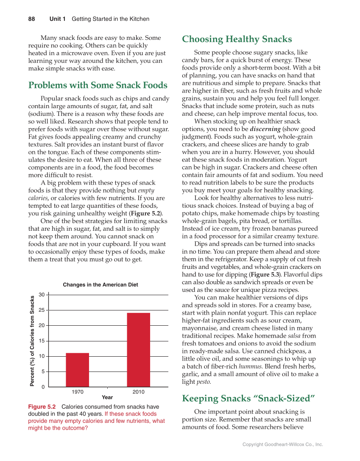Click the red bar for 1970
77,369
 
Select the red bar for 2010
138,349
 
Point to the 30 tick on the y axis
42,294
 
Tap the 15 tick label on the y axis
42,341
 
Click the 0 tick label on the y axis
43,387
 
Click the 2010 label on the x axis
138,391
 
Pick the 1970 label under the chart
77,391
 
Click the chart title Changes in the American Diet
100,285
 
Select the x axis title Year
107,397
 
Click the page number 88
31,19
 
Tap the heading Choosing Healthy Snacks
237,39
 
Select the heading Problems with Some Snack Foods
98,85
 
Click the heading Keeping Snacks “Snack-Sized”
248,398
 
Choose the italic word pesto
202,382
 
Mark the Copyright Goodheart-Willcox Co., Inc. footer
282,444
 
